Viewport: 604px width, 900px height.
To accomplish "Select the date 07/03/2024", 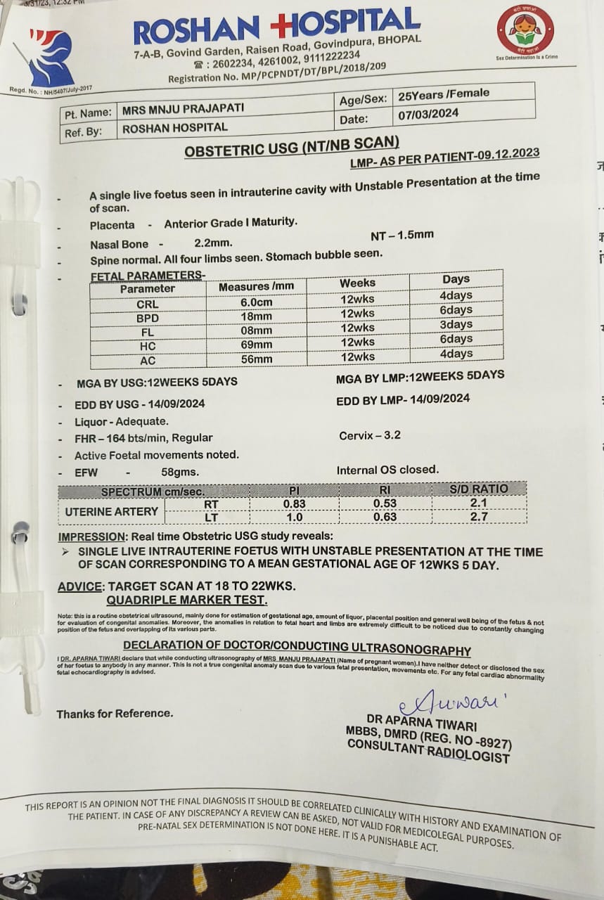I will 428,113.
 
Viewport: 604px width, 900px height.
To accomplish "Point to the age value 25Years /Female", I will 443,94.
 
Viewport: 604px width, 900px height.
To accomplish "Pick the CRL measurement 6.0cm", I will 255,302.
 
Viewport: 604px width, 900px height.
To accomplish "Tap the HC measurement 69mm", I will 256,345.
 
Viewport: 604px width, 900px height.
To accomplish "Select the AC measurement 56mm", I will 256,359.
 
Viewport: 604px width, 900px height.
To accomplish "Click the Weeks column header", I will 357,283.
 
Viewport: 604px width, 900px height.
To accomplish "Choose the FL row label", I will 148,332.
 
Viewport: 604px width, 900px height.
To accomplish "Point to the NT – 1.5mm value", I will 402,236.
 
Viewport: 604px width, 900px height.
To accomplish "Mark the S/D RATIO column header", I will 478,489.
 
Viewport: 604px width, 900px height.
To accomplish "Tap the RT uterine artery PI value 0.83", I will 294,503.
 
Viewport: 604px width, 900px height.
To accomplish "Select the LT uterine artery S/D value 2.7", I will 478,517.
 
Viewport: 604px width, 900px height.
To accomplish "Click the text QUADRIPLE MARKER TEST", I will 186,600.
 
